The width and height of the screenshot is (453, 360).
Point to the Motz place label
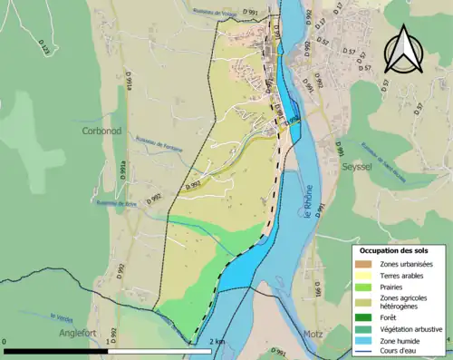314,333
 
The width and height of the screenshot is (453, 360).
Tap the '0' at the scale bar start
5,342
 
